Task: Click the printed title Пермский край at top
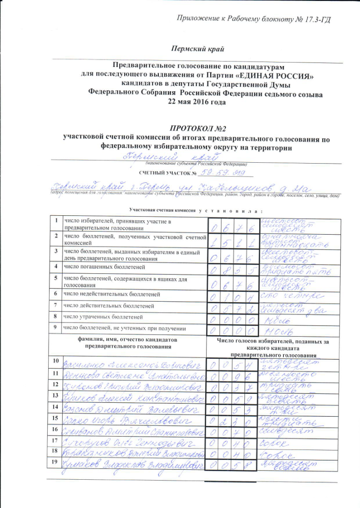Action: click(197, 49)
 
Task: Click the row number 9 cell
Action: click(57, 327)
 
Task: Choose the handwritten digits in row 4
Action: click(232, 269)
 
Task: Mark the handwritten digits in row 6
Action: click(232, 297)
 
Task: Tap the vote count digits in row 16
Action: click(232, 431)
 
